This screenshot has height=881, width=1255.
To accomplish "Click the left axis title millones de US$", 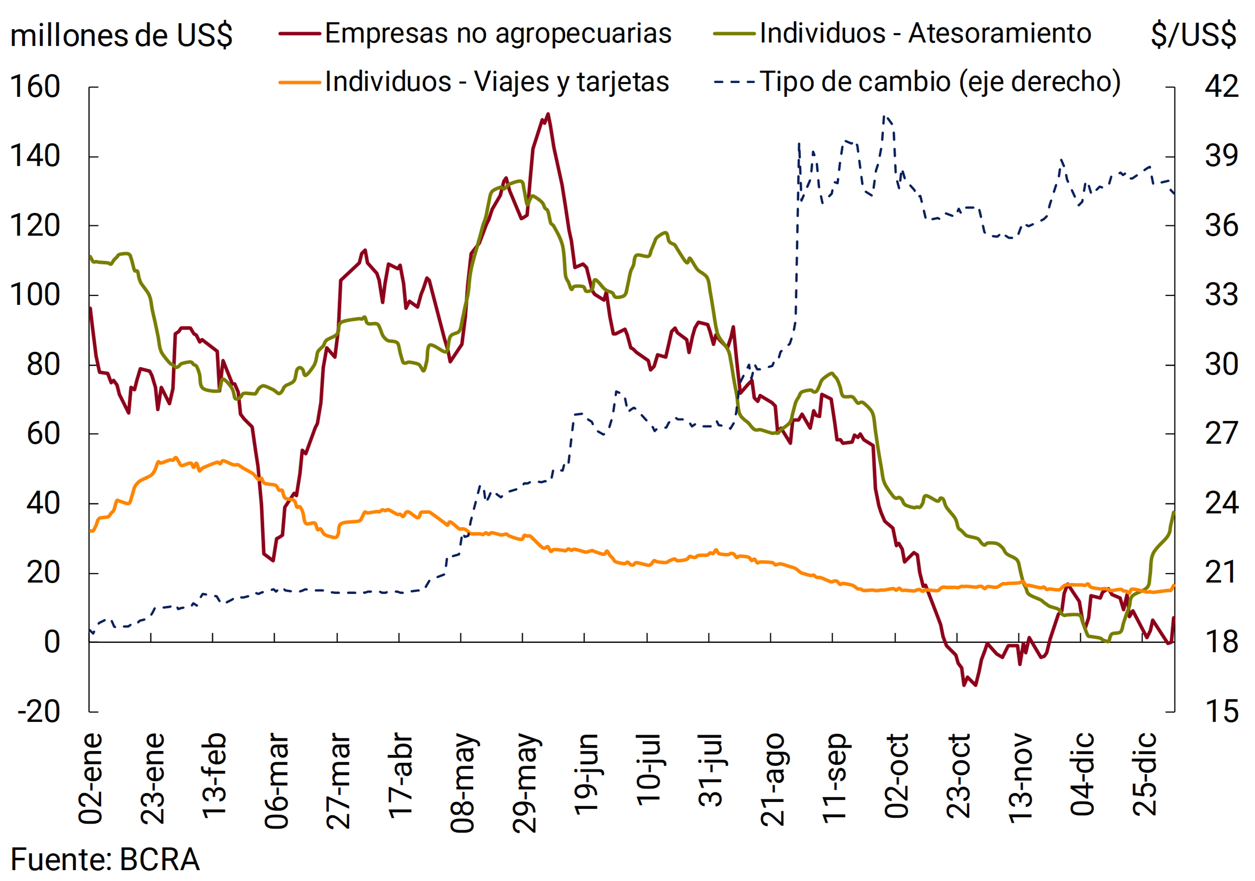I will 122,36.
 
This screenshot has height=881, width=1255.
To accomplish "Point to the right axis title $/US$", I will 1193,35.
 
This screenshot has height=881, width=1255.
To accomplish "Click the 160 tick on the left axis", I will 35,87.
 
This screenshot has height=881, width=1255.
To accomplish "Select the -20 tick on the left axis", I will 38,712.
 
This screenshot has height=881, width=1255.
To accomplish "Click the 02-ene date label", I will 91,778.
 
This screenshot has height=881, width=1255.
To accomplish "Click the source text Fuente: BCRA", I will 105,859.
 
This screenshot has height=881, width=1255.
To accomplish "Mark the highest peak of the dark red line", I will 547,114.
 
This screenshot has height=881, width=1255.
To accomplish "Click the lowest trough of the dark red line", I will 963,685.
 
